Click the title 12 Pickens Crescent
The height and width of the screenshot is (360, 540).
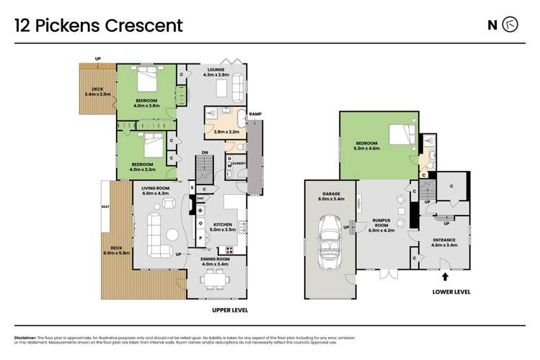(x=99, y=26)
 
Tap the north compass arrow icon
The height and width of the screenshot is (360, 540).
(x=510, y=25)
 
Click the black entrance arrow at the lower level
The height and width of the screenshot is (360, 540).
(x=444, y=276)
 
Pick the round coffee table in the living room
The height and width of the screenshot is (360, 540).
(x=172, y=234)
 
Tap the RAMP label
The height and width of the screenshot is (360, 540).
(x=255, y=115)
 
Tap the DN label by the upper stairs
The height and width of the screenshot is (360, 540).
(x=205, y=152)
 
